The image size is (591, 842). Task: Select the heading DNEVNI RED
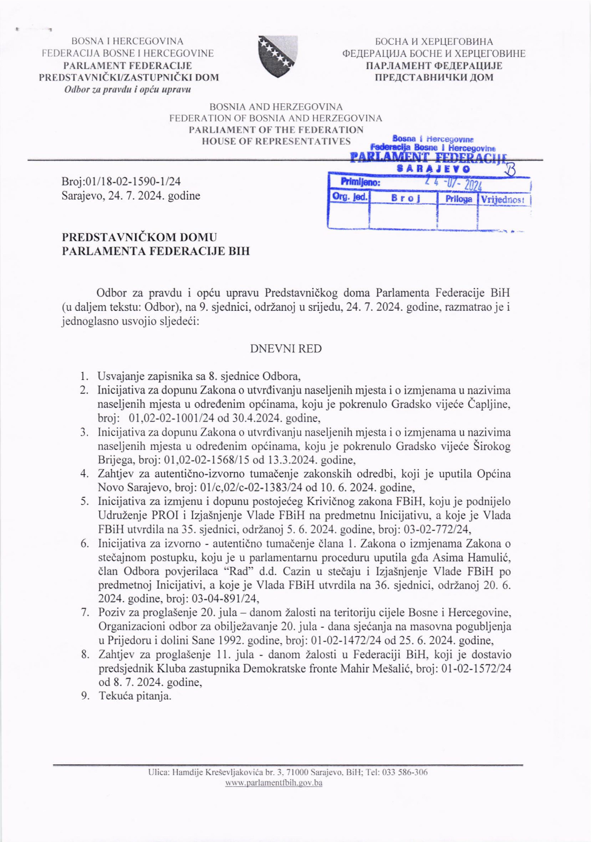tap(286, 349)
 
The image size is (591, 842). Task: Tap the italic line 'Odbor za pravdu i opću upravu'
tap(128, 89)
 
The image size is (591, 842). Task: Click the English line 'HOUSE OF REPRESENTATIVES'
tap(276, 141)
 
